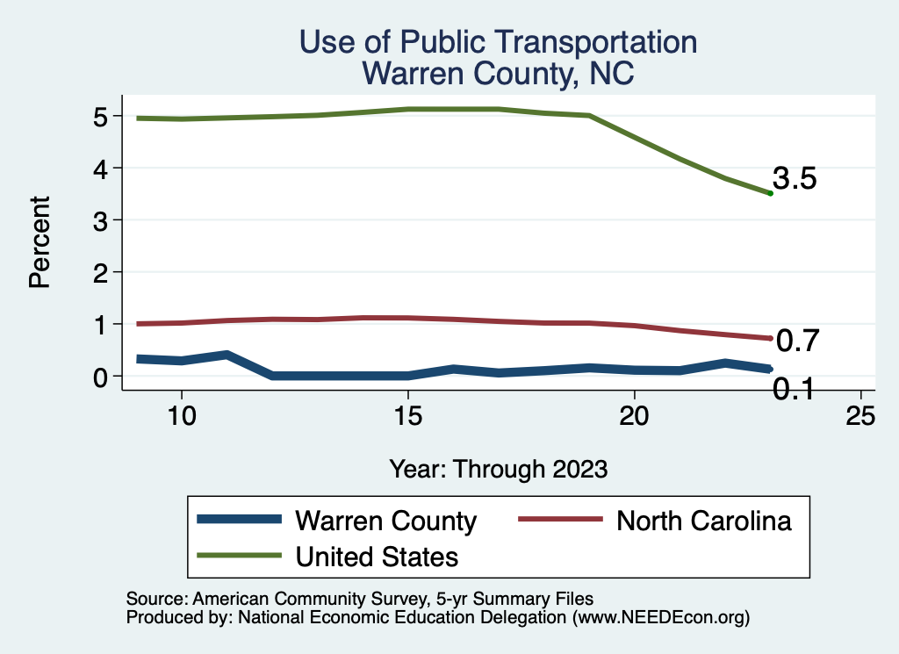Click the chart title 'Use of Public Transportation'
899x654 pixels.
click(498, 41)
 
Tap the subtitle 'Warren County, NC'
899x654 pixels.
click(498, 74)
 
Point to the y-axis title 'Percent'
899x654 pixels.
click(39, 242)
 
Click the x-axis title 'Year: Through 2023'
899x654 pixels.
click(498, 469)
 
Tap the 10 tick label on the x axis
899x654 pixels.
click(182, 415)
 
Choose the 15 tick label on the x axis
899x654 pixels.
click(408, 415)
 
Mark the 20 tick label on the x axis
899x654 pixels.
click(634, 415)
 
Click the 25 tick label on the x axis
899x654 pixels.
click(860, 415)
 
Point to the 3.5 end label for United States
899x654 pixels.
click(795, 179)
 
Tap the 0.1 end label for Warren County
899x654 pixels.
click(793, 387)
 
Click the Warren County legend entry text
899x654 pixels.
click(386, 521)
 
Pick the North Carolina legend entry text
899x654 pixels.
click(704, 521)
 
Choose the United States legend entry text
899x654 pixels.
click(377, 557)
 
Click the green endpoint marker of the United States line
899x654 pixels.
click(770, 193)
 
